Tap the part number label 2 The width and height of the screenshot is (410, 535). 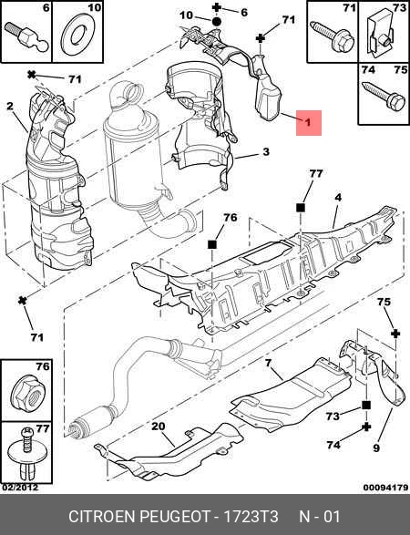pyautogui.click(x=10, y=106)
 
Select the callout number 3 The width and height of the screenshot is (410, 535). pyautogui.click(x=265, y=152)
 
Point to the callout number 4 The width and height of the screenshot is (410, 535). pyautogui.click(x=337, y=197)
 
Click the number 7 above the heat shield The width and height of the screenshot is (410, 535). pyautogui.click(x=269, y=365)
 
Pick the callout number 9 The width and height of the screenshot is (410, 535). pyautogui.click(x=374, y=448)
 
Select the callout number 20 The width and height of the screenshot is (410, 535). pyautogui.click(x=157, y=427)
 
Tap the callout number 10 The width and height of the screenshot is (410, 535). pyautogui.click(x=186, y=15)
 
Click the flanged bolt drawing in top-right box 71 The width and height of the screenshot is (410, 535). pyautogui.click(x=333, y=37)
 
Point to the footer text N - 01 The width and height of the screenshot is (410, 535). pyautogui.click(x=321, y=517)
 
